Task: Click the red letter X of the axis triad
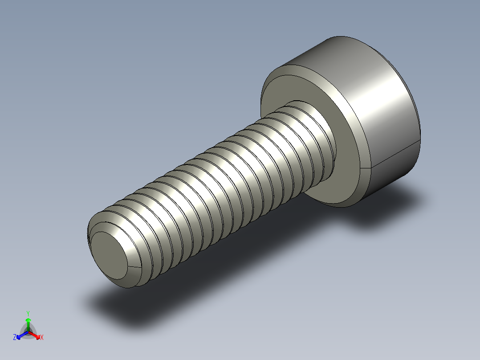pyautogui.click(x=42, y=338)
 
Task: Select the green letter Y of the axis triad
pyautogui.click(x=28, y=313)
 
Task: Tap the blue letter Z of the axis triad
pyautogui.click(x=15, y=338)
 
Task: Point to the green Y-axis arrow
pyautogui.click(x=28, y=323)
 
